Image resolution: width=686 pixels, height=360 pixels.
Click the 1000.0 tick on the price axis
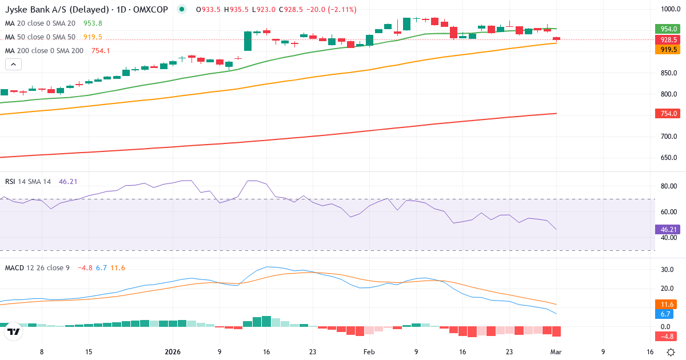(668, 9)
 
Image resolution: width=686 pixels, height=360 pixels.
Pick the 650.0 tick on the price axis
(668, 158)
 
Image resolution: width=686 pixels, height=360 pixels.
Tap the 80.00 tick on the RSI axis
(668, 186)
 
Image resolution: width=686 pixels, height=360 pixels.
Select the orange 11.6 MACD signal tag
(667, 305)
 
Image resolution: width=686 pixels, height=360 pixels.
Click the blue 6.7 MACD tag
(666, 314)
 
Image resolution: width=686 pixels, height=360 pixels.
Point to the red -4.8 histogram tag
(667, 337)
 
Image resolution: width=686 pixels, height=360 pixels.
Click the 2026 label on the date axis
(172, 352)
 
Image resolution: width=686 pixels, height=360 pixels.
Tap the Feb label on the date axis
(369, 352)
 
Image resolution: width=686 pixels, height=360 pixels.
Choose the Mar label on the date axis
(556, 352)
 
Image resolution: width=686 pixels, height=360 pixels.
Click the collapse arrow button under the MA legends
(14, 65)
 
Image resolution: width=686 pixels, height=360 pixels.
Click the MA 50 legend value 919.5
(93, 37)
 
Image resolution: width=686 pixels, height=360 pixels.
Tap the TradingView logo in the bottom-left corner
(14, 331)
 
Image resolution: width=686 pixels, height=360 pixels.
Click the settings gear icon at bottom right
(672, 352)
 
